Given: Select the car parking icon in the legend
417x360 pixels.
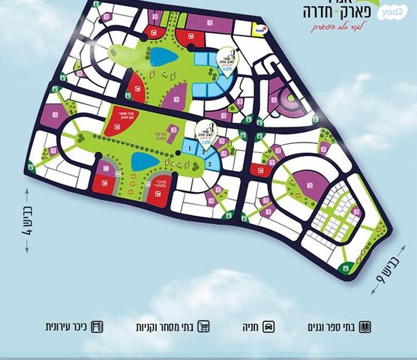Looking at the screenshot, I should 268,327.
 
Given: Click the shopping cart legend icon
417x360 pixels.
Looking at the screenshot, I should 202,327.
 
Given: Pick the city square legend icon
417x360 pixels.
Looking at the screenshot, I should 97,327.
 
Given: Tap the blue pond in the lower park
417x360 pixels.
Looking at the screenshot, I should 140,162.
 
